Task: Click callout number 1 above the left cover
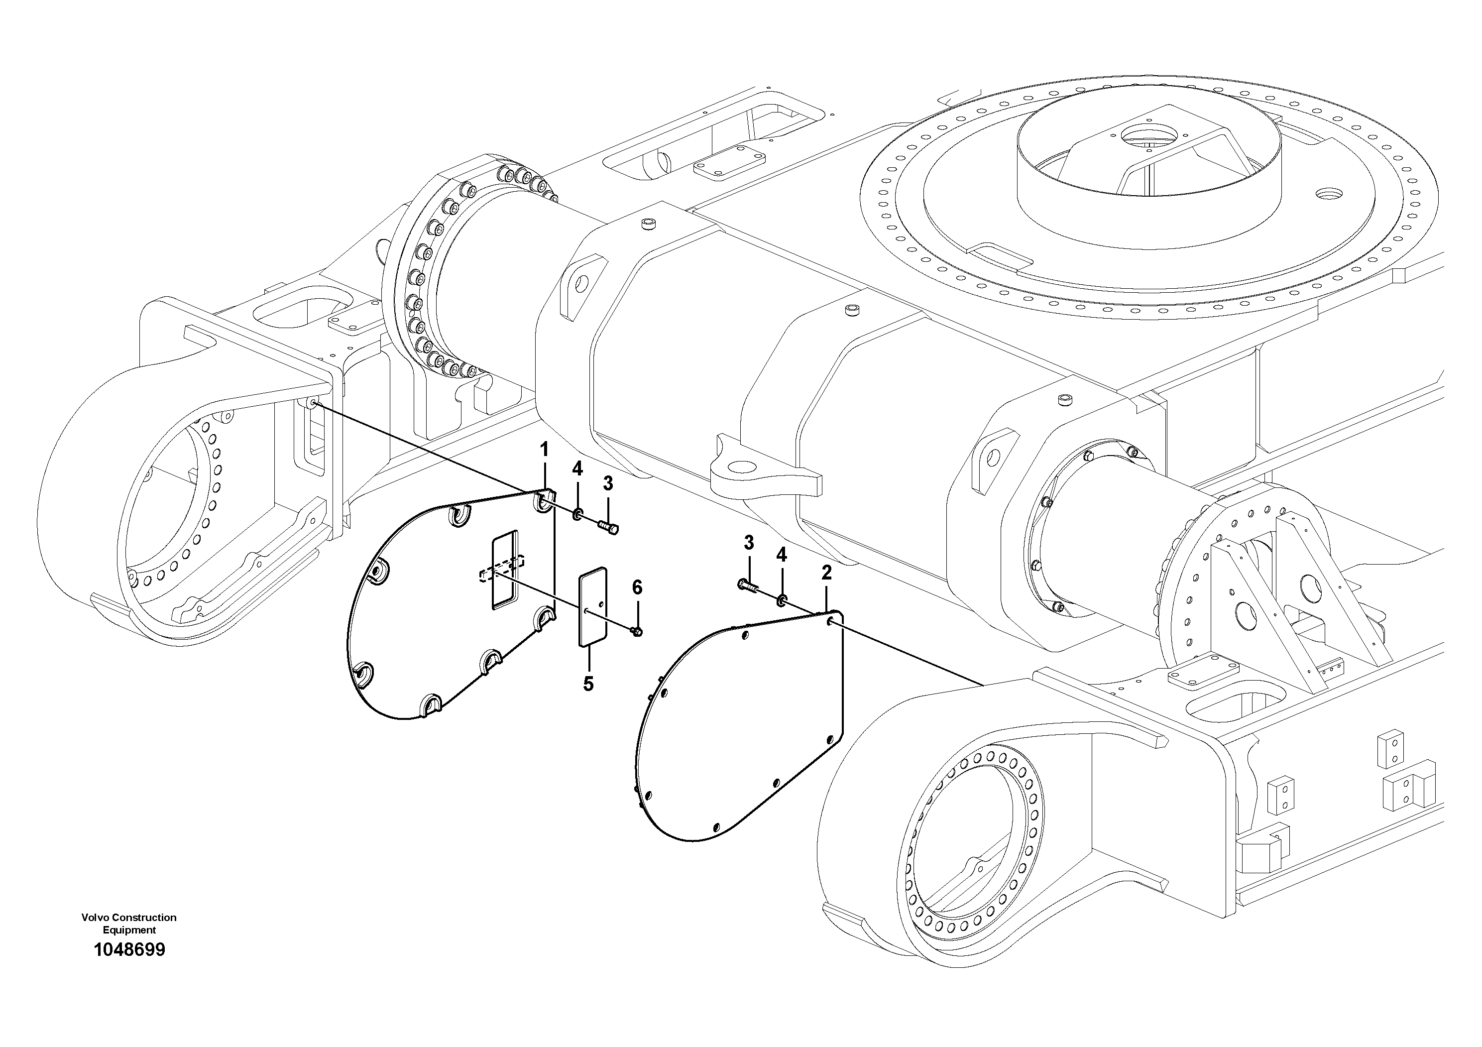[x=544, y=449]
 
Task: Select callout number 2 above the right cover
[x=826, y=572]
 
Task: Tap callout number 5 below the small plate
[x=588, y=684]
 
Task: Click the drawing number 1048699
[x=129, y=949]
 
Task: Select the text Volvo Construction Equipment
[x=129, y=923]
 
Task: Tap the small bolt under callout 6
[x=636, y=630]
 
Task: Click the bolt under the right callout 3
[x=746, y=585]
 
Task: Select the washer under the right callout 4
[x=782, y=601]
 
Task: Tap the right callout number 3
[x=749, y=543]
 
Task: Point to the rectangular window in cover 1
[x=505, y=570]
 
